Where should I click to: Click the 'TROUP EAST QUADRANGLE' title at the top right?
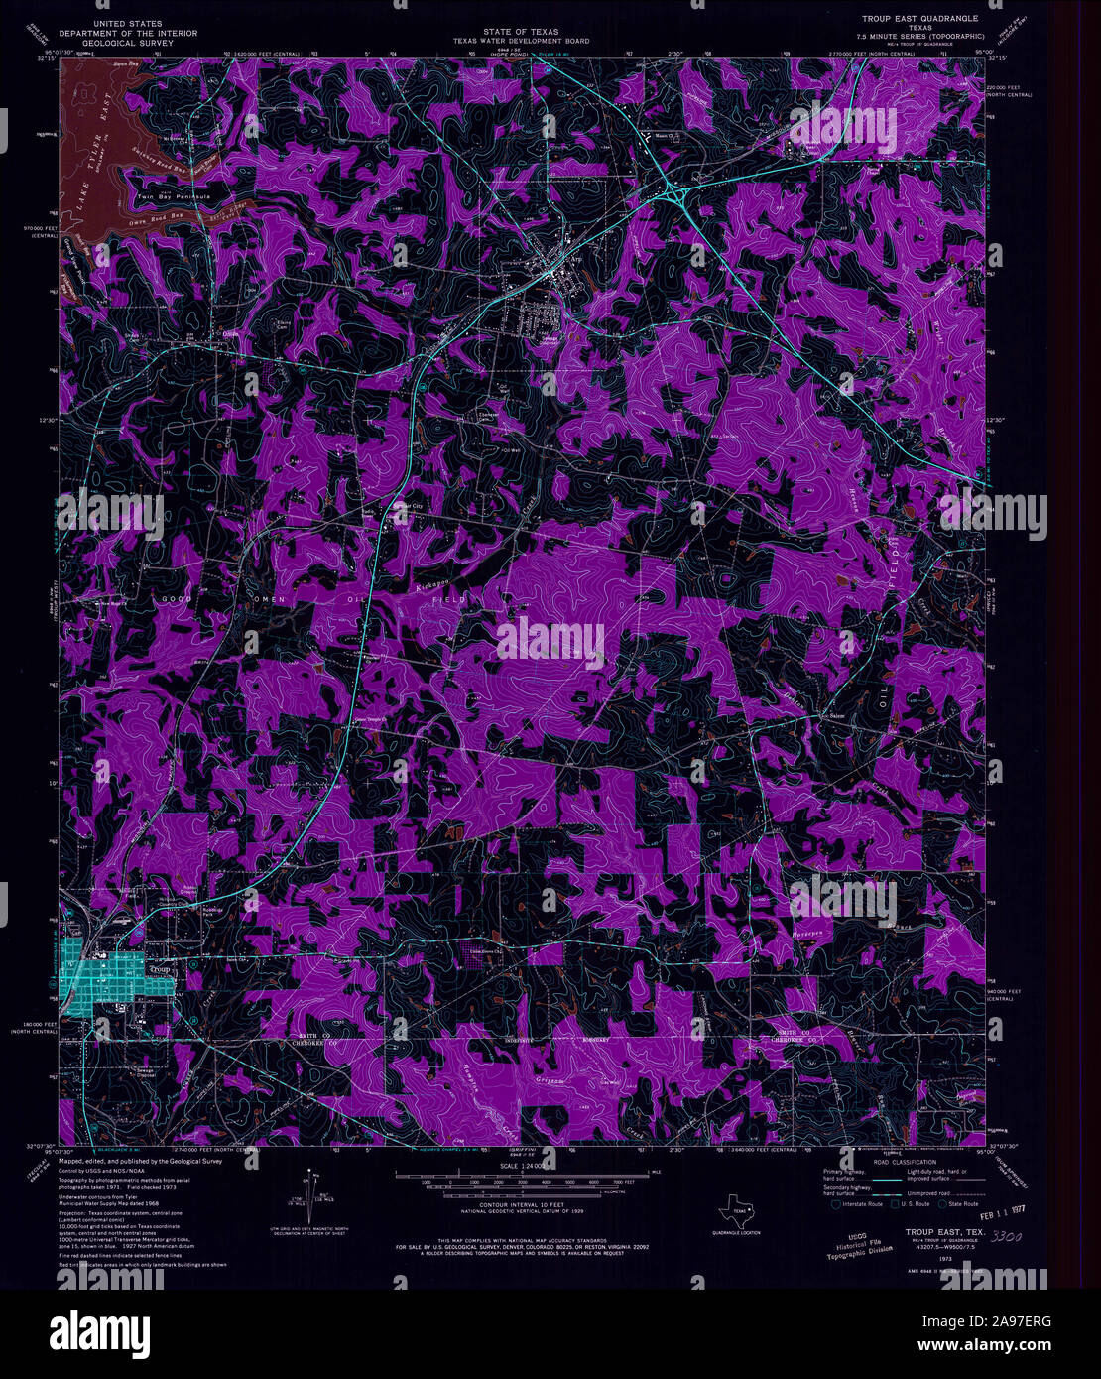(x=920, y=18)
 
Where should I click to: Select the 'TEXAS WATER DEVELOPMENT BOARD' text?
(x=522, y=42)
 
